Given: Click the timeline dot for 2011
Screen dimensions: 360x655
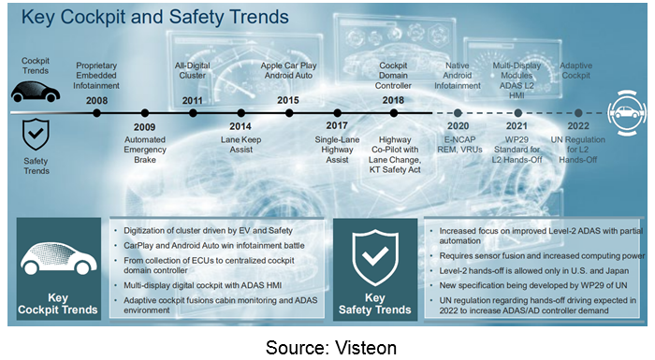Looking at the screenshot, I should coord(193,112).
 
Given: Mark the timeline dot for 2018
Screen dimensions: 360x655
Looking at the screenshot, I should coord(394,112).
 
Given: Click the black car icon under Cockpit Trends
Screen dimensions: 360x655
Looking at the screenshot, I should coord(36,92).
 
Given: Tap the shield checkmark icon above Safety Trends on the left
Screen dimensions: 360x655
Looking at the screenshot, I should coord(36,134).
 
